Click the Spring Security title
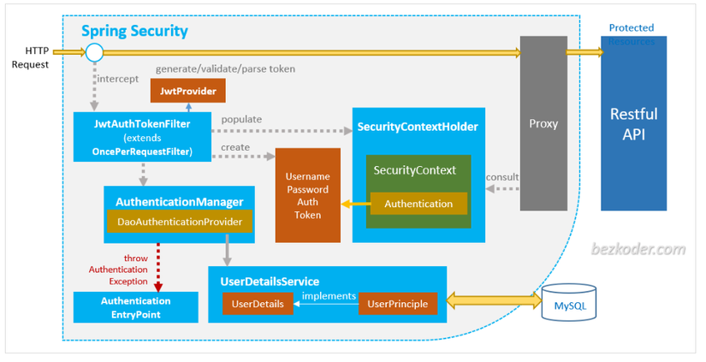134,32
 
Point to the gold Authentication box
418,204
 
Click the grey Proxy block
543,123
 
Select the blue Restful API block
633,123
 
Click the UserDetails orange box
258,303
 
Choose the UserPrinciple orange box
397,303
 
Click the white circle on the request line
94,53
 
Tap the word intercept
118,79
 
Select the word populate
240,120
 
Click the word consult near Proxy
502,176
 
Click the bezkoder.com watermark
639,250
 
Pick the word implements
328,296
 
